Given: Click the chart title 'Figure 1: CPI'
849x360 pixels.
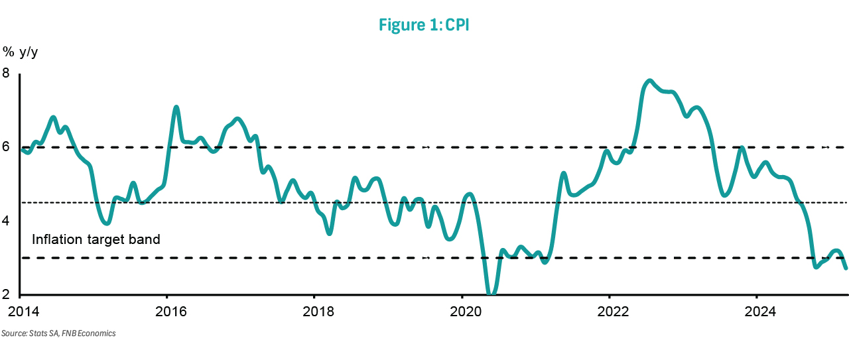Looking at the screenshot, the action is [424, 25].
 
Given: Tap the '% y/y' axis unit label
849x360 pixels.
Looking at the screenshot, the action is [20, 52].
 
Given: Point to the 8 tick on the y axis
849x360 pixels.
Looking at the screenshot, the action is [6, 73].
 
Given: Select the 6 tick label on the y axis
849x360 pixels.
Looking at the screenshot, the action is [6, 147].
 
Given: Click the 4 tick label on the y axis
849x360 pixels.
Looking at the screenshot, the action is [6, 221].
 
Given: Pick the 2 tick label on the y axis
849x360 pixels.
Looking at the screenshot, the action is [6, 294].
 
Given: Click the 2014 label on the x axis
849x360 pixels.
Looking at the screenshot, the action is [23, 312].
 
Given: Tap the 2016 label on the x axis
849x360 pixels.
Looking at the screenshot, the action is [171, 312].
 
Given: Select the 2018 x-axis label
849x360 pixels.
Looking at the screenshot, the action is [318, 312].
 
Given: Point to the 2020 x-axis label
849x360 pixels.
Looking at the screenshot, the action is [466, 312].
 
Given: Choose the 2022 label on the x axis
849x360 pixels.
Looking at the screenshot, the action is [613, 312].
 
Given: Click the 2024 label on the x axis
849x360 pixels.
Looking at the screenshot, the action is [760, 312].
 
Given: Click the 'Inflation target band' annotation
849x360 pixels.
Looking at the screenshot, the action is [96, 239].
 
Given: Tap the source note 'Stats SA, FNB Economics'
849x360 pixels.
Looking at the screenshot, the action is [72, 333].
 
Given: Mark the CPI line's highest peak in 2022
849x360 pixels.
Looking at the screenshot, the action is [649, 81].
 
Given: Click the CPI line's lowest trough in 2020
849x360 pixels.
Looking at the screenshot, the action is [491, 293].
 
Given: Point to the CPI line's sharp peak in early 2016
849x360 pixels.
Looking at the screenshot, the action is [176, 107].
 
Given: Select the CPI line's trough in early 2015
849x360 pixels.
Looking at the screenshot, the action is [107, 223].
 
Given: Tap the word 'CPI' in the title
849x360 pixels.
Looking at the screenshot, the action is [457, 25].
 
